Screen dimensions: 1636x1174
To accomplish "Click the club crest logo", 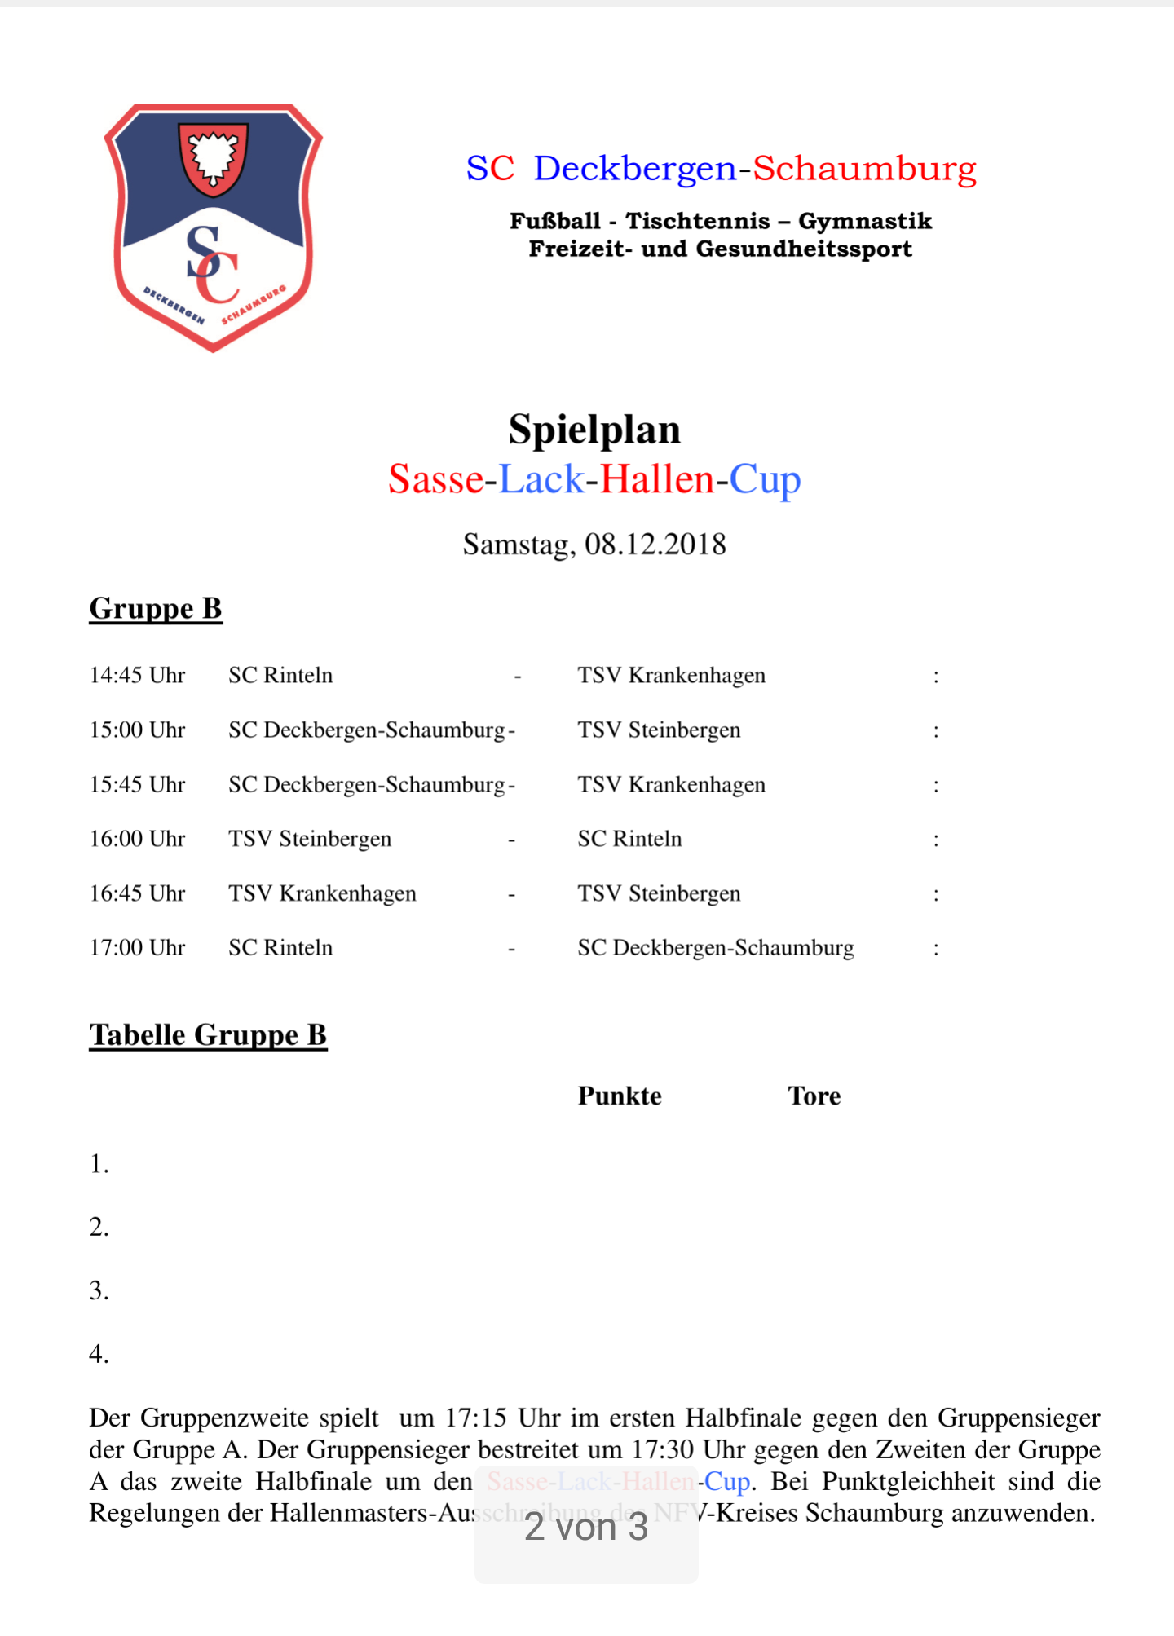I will (214, 228).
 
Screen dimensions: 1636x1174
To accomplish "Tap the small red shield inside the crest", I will (213, 158).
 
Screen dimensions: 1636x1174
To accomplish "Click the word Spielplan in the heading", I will (594, 430).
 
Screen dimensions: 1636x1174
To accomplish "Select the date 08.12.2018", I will (655, 545).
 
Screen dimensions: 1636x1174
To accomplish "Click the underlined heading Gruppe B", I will (156, 609).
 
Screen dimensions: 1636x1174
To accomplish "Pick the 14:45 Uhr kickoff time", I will (137, 676).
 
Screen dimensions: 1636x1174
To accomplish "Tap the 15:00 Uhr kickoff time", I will (137, 730).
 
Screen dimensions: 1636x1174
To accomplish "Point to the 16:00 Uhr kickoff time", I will (137, 839).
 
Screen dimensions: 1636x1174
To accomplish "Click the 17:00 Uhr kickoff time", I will (137, 948).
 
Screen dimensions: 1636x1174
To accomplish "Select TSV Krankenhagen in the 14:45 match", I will (671, 676).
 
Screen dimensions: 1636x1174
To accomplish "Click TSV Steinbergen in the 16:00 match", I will (310, 839).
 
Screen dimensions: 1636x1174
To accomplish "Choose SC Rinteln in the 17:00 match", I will (280, 948).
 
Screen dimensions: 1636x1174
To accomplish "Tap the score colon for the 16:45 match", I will (936, 895).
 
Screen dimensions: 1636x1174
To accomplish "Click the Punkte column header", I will (620, 1096).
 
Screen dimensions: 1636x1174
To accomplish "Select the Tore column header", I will (814, 1096).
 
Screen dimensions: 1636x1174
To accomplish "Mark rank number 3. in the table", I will (99, 1291).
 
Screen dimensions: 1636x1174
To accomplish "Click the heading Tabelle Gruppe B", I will (208, 1035).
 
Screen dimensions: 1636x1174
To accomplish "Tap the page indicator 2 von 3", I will (586, 1528).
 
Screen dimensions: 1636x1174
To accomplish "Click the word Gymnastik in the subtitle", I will (865, 221).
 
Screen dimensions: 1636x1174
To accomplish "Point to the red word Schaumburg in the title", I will (864, 169).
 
